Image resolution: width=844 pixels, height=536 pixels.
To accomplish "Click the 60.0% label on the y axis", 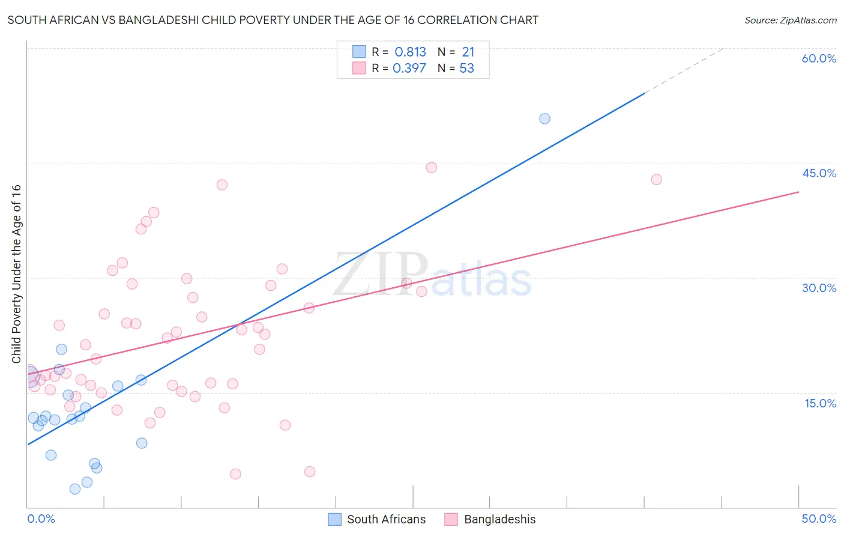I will pos(819,58).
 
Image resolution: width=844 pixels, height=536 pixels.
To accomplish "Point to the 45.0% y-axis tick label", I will pos(819,173).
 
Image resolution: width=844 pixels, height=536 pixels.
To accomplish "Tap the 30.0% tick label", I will pos(819,288).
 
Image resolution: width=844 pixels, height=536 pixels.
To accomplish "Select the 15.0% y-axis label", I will pos(820,403).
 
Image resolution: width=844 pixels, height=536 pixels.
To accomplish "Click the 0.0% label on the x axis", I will pos(41,519).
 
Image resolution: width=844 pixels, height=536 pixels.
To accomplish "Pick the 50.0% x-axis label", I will pos(819,519).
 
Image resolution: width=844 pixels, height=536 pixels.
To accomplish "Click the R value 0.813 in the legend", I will pos(410,52).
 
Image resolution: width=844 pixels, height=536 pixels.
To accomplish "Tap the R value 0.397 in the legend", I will pos(409,69).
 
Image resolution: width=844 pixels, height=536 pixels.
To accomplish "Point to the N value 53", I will pos(466,69).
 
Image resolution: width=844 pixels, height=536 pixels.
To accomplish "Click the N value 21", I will pos(468,52).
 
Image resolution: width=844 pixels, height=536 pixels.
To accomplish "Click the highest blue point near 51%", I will pos(544,118).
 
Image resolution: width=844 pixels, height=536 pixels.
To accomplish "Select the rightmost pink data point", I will pos(656,180).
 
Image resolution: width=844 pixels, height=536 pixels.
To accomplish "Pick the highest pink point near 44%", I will pos(431,168).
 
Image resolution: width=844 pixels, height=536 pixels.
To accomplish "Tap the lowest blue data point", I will pos(75,489).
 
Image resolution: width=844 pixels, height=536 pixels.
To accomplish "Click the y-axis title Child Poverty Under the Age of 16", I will pos(16,273).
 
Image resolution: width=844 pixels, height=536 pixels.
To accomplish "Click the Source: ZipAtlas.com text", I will pos(790,20).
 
